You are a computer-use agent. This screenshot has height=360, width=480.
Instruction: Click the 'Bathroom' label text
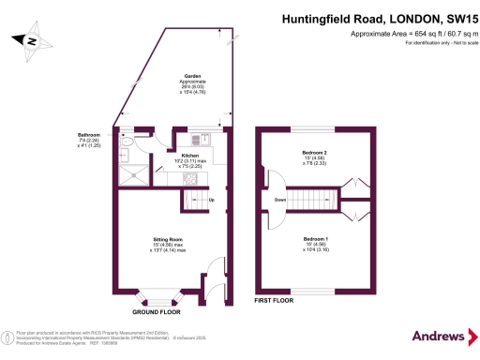[90, 135]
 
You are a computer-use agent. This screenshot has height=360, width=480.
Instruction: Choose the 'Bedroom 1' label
[315, 238]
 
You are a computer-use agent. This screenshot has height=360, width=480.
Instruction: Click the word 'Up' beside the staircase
[212, 201]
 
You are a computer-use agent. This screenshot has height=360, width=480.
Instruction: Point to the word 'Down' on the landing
[280, 201]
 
